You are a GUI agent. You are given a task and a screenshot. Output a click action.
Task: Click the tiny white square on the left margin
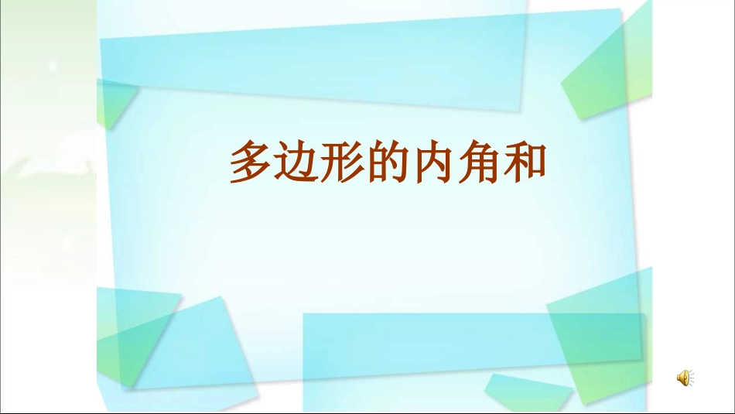point(53,67)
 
